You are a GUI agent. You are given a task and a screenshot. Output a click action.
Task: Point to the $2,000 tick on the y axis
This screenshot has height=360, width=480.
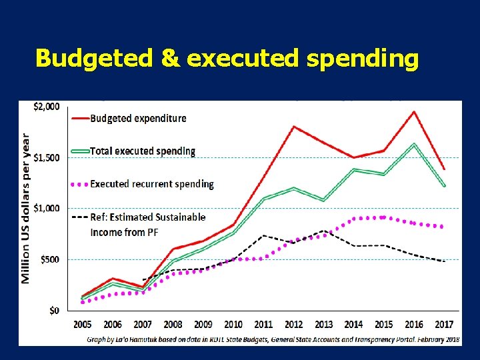tap(47, 107)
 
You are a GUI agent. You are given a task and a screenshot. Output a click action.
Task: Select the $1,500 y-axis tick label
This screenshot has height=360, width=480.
tap(47, 158)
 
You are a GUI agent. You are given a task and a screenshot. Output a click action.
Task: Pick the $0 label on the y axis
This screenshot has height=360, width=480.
tap(55, 310)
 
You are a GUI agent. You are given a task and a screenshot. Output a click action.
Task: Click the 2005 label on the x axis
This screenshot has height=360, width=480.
tap(83, 325)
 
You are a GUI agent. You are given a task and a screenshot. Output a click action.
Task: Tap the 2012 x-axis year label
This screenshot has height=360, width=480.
tap(294, 325)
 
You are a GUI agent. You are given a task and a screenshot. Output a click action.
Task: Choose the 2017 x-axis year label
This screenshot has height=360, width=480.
tap(444, 325)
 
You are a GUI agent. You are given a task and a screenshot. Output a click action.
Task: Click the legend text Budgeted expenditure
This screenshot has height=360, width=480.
tap(138, 119)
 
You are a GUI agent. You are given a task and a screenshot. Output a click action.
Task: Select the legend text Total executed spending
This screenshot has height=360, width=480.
tap(143, 151)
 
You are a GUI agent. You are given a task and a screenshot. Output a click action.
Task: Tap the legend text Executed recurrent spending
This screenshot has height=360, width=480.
tap(152, 184)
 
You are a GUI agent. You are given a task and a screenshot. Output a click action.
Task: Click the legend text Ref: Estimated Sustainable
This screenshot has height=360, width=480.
tap(147, 217)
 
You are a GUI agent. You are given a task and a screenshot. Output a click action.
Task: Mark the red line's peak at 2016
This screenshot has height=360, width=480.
tap(414, 111)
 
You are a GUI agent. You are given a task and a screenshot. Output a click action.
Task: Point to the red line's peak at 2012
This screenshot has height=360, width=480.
tap(294, 126)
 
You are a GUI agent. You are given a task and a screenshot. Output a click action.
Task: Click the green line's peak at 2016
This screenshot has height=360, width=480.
tap(414, 144)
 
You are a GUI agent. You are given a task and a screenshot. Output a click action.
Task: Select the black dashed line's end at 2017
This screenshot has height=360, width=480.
tap(444, 261)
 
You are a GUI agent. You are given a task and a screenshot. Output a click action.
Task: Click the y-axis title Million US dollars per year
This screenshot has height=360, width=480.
tap(26, 207)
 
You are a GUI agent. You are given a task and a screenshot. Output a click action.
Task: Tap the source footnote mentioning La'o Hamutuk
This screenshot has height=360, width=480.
tap(273, 339)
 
